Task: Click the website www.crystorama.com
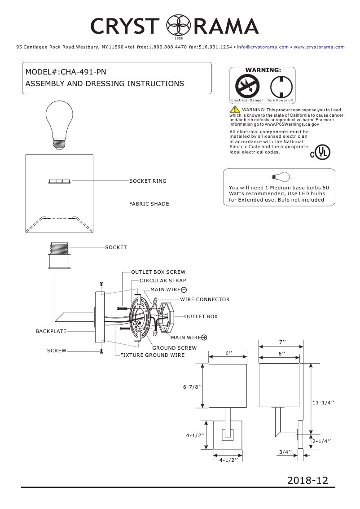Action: coord(319,47)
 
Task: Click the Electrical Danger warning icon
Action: coord(247,86)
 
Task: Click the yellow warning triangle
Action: coord(235,110)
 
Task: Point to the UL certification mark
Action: coord(320,153)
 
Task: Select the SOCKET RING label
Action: coord(148,181)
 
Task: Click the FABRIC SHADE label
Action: coord(149,204)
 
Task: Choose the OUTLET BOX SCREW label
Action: coord(158,272)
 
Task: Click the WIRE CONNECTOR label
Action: coord(205,299)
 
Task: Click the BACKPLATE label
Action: coord(51,331)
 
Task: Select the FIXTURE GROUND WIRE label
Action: coord(152,355)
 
